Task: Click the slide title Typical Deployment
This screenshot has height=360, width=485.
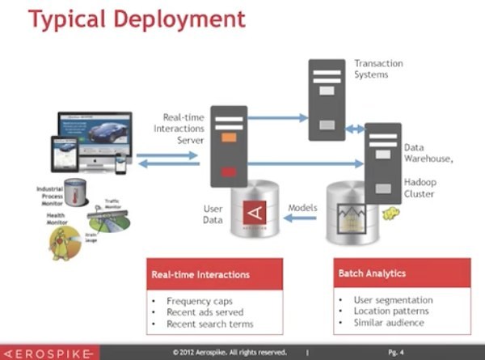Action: tap(137, 20)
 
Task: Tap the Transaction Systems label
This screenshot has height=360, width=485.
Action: tap(377, 69)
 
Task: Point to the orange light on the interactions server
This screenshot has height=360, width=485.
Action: tap(228, 138)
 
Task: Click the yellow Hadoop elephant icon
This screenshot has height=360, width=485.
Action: tap(390, 214)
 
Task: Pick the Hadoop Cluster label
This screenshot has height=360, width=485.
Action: tap(420, 188)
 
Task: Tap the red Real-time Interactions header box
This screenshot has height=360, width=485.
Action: tap(214, 274)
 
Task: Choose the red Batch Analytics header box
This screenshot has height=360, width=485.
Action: tap(402, 273)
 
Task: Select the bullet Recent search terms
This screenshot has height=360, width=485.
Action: tap(209, 324)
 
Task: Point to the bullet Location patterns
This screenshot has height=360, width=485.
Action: tap(393, 311)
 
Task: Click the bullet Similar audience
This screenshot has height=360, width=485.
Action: tap(389, 323)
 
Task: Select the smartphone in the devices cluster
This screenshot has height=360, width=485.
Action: tap(120, 163)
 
